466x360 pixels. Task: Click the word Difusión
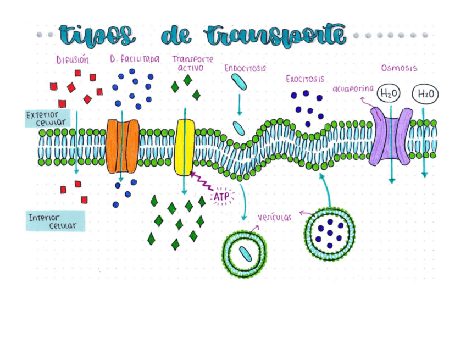pos(72,59)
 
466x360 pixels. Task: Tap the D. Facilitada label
pos(135,59)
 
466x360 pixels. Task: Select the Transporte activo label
pos(192,63)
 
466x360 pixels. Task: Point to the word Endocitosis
pos(245,68)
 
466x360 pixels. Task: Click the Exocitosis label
pos(304,79)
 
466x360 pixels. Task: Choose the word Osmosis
pos(399,68)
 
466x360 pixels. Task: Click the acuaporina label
pos(353,88)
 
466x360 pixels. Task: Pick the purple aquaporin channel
pos(391,137)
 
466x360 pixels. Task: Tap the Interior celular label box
pos(55,221)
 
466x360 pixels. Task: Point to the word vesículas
pos(275,217)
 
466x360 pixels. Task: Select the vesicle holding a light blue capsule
pos(245,253)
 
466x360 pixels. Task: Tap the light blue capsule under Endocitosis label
pos(238,82)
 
